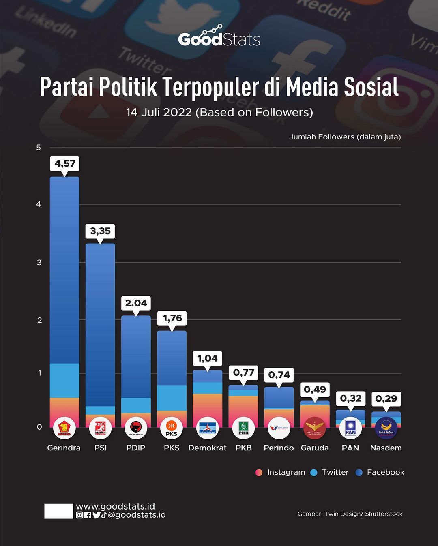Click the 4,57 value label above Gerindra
65,164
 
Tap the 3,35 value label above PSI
100,231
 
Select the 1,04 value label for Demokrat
207,358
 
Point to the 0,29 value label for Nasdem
386,399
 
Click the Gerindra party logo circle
64,428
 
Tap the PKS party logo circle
172,428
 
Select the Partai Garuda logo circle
315,428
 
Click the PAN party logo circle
350,428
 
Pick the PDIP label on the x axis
135,448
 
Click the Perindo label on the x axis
279,448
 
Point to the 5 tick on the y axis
39,148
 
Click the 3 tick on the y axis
39,262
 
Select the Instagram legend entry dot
259,473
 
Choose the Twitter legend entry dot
313,473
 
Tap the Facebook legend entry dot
359,473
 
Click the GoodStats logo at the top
219,36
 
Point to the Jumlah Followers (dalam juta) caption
345,137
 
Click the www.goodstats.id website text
116,506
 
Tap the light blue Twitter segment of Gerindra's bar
64,380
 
